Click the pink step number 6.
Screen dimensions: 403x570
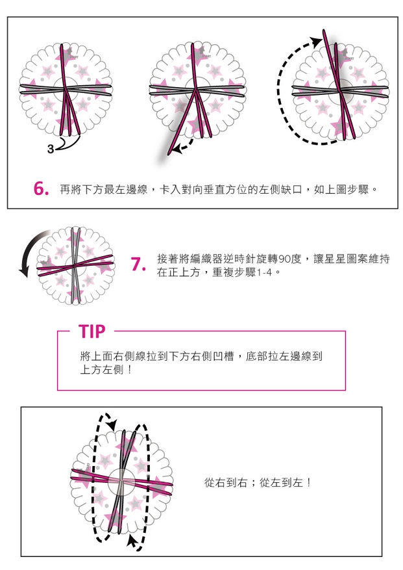(41, 188)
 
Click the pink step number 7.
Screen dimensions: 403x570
(138, 265)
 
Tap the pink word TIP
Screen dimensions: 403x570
(92, 331)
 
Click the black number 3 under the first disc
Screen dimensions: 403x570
(51, 149)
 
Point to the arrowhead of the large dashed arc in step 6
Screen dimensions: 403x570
(317, 41)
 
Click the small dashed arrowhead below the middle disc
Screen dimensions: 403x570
(177, 148)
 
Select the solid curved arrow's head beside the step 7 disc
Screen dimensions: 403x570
(23, 270)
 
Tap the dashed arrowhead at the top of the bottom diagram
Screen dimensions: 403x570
(112, 423)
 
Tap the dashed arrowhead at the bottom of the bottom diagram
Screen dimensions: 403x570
(131, 541)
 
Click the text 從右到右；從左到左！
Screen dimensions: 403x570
(258, 482)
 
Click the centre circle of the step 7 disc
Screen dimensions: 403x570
(75, 265)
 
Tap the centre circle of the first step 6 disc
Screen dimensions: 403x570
(66, 89)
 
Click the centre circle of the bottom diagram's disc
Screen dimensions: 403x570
(121, 482)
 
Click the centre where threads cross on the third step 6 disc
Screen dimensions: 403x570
(341, 90)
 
